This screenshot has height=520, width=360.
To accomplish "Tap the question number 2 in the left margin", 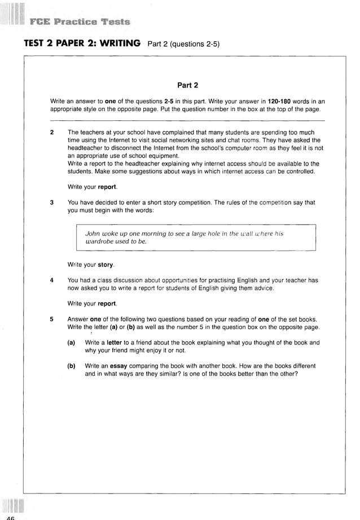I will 52,133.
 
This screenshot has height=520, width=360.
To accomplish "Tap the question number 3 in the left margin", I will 52,203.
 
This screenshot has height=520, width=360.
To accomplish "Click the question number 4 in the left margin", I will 52,280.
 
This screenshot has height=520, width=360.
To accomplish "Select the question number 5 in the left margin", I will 52,319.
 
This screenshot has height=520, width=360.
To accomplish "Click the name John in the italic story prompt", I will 93,233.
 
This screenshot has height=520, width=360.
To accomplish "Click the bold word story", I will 106,264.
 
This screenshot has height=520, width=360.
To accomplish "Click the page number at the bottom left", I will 10,517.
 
